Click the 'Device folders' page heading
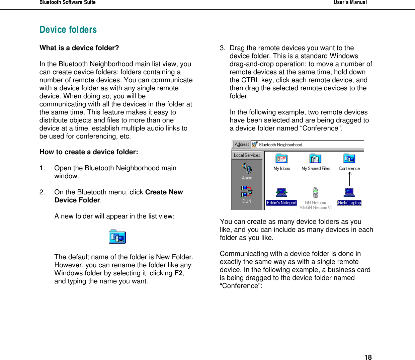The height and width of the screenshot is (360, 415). pos(68,30)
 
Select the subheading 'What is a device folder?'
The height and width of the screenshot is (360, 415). pos(79,48)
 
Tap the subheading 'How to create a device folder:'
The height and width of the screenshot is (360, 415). pos(89,152)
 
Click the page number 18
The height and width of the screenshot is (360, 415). pos(368,357)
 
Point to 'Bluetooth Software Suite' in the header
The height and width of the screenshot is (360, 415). pos(68,3)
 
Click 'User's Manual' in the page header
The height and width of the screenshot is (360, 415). pos(350,3)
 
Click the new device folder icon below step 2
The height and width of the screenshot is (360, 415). pos(117,237)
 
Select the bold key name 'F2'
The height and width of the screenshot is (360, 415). pos(178,273)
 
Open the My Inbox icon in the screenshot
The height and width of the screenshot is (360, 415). pos(281,159)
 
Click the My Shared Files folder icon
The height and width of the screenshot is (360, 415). pos(315,159)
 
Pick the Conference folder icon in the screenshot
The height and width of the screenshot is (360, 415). pos(349,159)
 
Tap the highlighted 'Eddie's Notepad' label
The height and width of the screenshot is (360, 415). pos(281,203)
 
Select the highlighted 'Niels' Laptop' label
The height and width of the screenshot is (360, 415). pos(349,203)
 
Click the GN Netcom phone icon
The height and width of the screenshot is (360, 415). pos(315,193)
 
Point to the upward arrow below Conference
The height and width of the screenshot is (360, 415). pos(350,179)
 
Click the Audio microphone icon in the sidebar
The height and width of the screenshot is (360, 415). pos(247,168)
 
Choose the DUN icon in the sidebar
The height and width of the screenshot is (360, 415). pos(247,191)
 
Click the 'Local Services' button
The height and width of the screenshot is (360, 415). pos(247,155)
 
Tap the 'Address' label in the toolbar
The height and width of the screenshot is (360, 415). pos(242,145)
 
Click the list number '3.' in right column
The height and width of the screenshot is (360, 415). pos(223,48)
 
